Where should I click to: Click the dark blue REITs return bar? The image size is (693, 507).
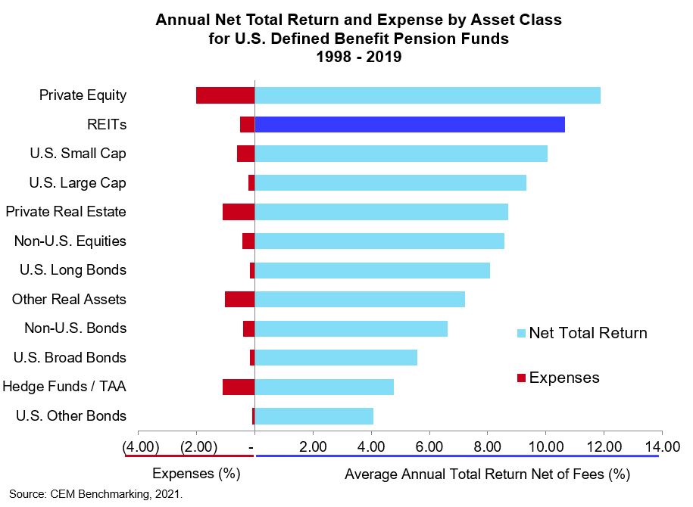point(410,124)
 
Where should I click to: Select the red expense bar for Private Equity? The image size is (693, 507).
point(226,95)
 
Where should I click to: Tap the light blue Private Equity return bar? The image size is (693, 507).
point(427,95)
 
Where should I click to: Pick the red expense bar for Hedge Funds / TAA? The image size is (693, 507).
point(239,387)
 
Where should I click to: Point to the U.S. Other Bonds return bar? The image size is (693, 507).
point(314,416)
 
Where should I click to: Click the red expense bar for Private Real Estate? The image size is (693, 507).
point(239,212)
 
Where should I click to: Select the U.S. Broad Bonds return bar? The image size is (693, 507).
point(336,357)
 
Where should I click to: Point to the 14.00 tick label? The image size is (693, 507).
point(661,446)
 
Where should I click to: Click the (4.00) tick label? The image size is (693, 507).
point(141,446)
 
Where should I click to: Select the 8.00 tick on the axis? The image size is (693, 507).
point(487,446)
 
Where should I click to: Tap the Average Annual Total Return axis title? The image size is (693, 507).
point(487,474)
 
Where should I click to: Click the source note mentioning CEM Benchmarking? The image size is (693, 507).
point(96,495)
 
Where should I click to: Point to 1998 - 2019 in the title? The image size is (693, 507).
point(358,56)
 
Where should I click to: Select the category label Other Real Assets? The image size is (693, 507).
point(69,300)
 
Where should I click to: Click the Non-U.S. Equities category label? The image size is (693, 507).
point(70,241)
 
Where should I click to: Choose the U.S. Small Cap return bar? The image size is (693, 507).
point(401,154)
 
